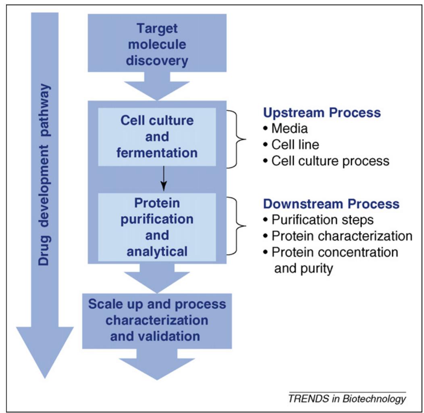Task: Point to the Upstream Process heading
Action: (322, 113)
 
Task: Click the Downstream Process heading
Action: (331, 204)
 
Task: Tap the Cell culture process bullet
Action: (325, 161)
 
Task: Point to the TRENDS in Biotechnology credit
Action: (347, 399)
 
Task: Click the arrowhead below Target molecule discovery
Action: (157, 90)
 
